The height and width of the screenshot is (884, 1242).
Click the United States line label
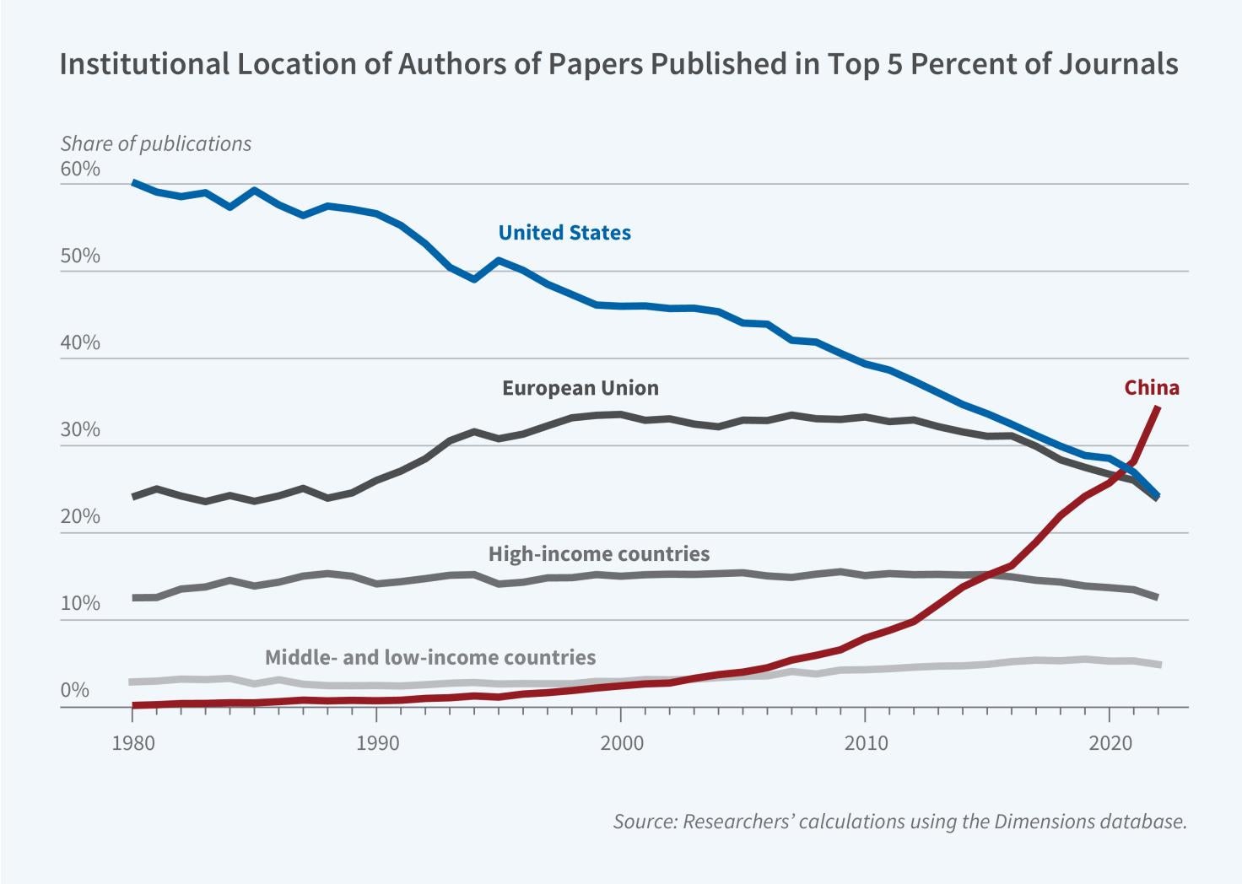[x=564, y=233]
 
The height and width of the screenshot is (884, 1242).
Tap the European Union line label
[x=580, y=388]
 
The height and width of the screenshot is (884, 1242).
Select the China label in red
[x=1151, y=388]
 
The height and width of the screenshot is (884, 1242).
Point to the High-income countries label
[x=598, y=554]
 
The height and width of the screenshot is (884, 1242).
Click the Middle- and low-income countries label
[x=430, y=657]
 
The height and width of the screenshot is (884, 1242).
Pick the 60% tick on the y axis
[x=80, y=170]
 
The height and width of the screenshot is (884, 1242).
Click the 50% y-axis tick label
[x=80, y=256]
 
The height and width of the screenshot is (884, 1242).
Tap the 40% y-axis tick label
[x=80, y=343]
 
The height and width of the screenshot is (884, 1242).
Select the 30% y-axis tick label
[x=80, y=430]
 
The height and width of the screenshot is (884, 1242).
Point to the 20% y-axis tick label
[x=80, y=517]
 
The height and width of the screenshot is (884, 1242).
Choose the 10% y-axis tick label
[x=80, y=604]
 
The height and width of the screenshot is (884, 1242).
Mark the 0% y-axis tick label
[x=75, y=691]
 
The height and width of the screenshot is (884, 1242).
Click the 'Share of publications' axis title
[x=155, y=144]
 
